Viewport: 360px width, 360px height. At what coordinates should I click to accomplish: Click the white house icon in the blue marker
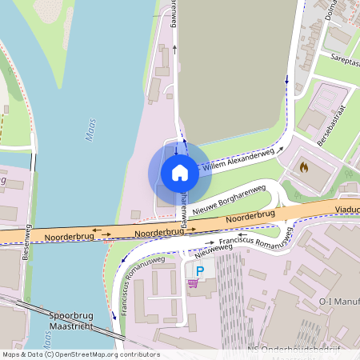tap(179, 172)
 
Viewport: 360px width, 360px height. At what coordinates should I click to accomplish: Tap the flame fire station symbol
tap(303, 166)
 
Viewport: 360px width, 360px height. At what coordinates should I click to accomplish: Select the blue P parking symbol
tap(200, 271)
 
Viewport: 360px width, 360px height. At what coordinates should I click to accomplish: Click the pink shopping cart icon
tap(193, 282)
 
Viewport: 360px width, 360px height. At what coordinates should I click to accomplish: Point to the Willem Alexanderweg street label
tap(238, 159)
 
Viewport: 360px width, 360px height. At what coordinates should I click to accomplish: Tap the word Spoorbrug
tap(71, 315)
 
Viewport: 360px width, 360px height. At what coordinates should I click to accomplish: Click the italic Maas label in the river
tap(90, 130)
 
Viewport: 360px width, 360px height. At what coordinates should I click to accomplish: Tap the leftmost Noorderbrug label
tap(67, 237)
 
